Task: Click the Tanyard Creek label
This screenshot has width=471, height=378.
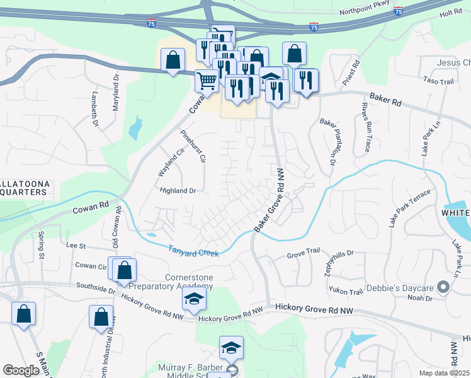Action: pyautogui.click(x=194, y=249)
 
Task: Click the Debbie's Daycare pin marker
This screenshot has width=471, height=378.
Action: pyautogui.click(x=443, y=288)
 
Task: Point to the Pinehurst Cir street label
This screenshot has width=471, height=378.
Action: pyautogui.click(x=193, y=147)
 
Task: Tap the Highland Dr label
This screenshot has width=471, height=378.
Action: pyautogui.click(x=178, y=190)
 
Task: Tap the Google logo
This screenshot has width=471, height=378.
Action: pyautogui.click(x=21, y=370)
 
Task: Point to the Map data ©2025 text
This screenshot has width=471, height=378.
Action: pyautogui.click(x=444, y=372)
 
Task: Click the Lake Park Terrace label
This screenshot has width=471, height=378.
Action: pyautogui.click(x=409, y=207)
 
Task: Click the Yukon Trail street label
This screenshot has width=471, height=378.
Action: pyautogui.click(x=346, y=291)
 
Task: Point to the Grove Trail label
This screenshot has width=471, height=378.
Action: pyautogui.click(x=304, y=253)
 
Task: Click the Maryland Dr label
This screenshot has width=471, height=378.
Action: pyautogui.click(x=116, y=95)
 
